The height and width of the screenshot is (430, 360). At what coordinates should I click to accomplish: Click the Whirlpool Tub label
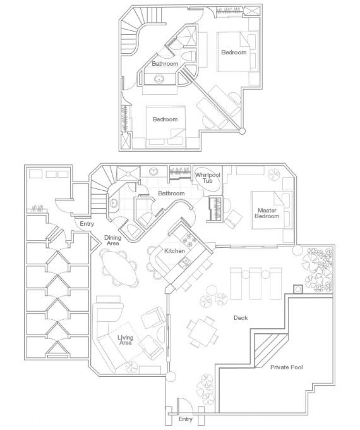[208, 178]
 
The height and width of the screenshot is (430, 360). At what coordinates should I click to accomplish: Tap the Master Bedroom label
[267, 213]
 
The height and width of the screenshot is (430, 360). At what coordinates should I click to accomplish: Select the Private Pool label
[286, 367]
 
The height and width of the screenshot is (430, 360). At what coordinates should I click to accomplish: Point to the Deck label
[241, 318]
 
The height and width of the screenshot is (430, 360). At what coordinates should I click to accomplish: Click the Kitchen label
[174, 251]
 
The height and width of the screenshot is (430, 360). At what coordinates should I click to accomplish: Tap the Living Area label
[125, 340]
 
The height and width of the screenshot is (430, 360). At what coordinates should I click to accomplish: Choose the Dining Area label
[113, 240]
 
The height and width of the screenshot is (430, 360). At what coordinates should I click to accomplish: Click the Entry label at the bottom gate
[185, 419]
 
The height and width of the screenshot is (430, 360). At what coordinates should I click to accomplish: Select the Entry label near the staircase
[87, 224]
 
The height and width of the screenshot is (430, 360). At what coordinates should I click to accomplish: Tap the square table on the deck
[203, 332]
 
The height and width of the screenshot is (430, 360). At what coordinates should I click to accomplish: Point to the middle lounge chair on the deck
[255, 283]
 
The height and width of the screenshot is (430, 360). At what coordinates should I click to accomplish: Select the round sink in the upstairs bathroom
[159, 79]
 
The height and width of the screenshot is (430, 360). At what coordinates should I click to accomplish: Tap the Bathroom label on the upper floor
[165, 64]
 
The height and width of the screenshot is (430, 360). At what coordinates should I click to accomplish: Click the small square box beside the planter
[298, 289]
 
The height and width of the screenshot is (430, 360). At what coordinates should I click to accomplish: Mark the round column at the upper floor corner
[241, 131]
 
